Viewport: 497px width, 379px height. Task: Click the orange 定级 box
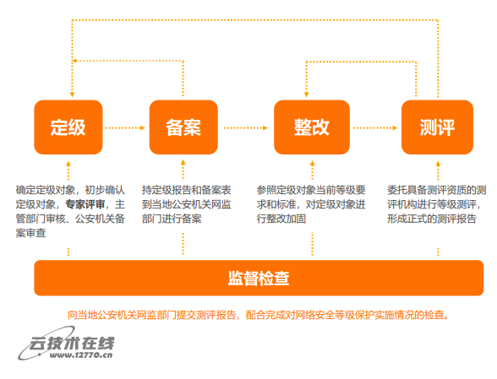pyautogui.click(x=68, y=127)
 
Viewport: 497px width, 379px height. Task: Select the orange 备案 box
pyautogui.click(x=183, y=127)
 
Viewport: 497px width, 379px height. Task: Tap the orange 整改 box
pyautogui.click(x=312, y=127)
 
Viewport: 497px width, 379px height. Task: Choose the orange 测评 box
pyautogui.click(x=437, y=127)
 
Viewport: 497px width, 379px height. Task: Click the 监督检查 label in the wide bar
pyautogui.click(x=259, y=279)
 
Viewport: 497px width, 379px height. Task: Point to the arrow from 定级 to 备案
pyautogui.click(x=125, y=128)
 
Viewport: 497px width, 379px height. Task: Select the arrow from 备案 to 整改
pyautogui.click(x=246, y=128)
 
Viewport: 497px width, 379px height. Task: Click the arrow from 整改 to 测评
pyautogui.click(x=375, y=128)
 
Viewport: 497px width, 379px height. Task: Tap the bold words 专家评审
pyautogui.click(x=85, y=204)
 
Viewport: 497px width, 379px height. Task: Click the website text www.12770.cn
pyautogui.click(x=81, y=355)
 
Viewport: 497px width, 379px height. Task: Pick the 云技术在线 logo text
pyautogui.click(x=72, y=344)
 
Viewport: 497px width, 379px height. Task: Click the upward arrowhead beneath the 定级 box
pyautogui.click(x=68, y=164)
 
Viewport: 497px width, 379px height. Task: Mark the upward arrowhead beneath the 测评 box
pyautogui.click(x=438, y=164)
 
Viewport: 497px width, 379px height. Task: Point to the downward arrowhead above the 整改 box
pyautogui.click(x=306, y=95)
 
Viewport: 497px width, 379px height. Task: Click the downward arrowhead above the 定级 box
pyautogui.click(x=73, y=95)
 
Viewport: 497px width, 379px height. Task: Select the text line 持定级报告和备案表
pyautogui.click(x=186, y=190)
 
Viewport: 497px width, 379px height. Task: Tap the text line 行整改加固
pyautogui.click(x=281, y=219)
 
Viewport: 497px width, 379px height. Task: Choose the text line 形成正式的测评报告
pyautogui.click(x=432, y=219)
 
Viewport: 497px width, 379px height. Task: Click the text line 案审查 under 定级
pyautogui.click(x=30, y=233)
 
